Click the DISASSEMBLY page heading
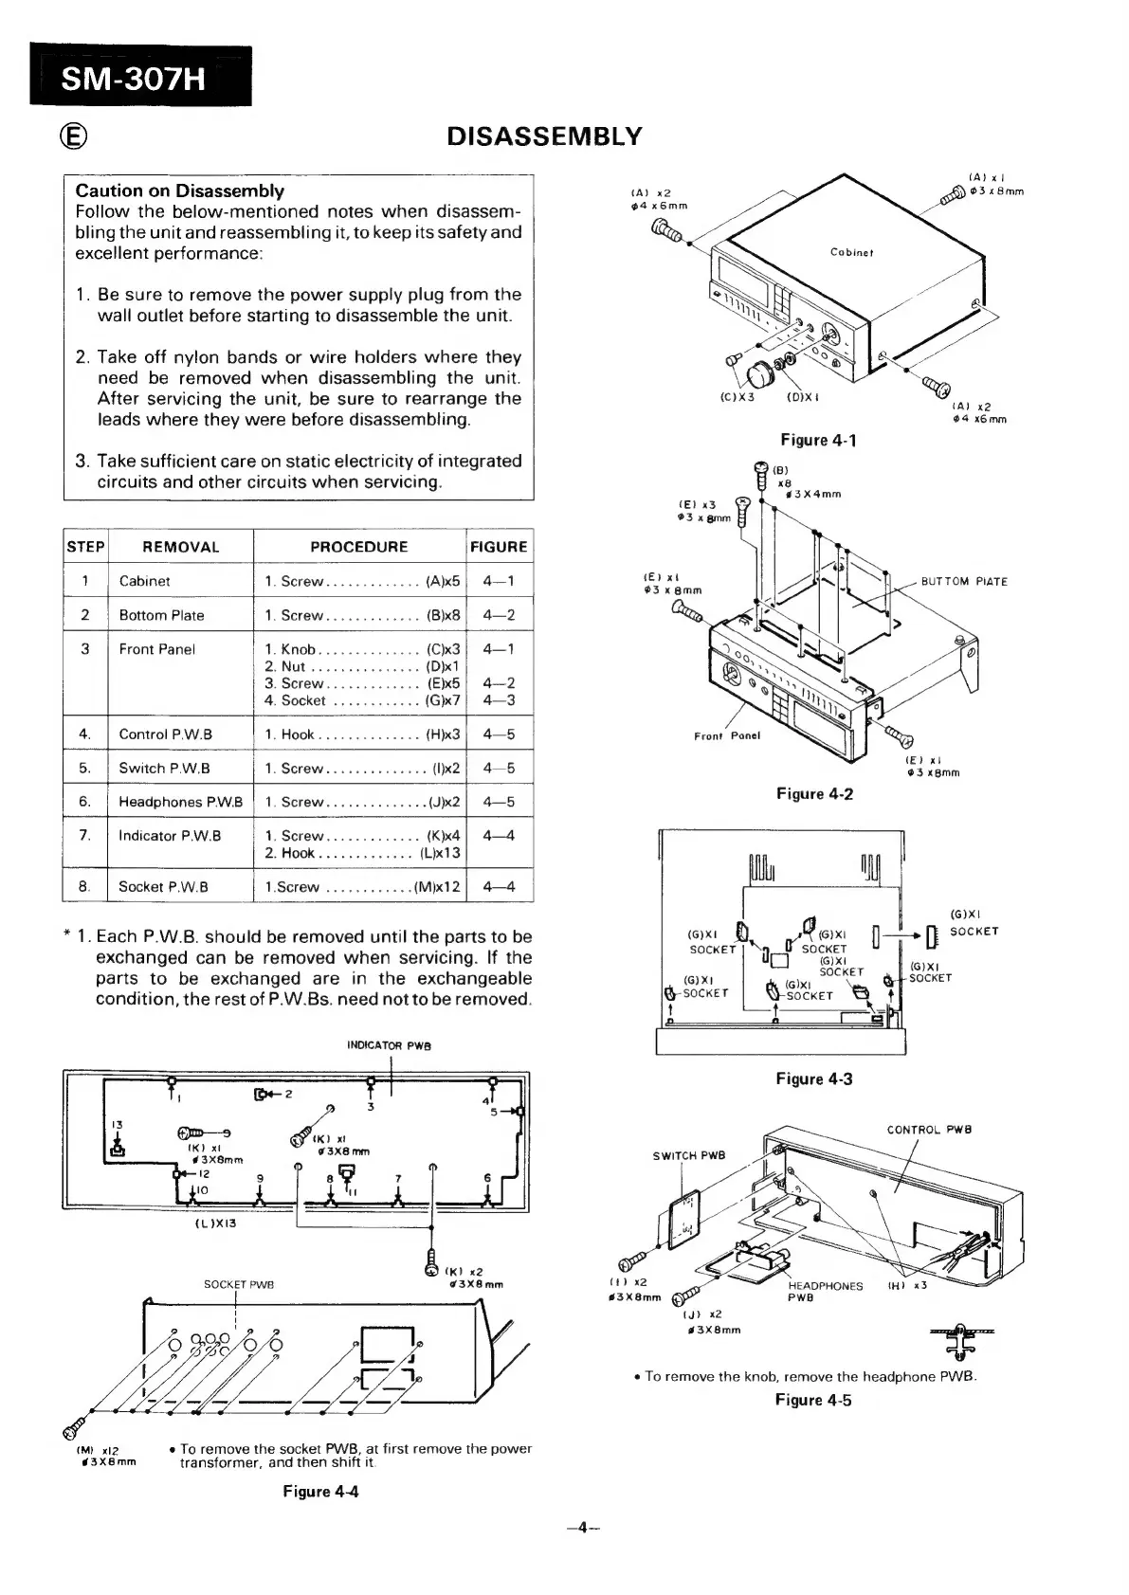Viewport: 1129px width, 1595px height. [544, 137]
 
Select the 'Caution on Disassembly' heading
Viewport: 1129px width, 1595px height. [179, 190]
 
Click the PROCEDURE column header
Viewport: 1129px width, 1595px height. [358, 547]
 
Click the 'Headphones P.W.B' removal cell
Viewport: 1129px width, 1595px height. [180, 802]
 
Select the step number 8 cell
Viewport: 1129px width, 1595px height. [84, 887]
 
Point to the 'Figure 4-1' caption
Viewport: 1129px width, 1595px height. [817, 440]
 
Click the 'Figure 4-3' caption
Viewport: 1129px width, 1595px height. [813, 1078]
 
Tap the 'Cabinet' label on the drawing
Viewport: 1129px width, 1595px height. [851, 252]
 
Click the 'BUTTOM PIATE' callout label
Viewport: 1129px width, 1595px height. [964, 581]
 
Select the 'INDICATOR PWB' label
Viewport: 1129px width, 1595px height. [390, 1046]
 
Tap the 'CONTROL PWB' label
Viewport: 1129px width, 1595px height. [929, 1130]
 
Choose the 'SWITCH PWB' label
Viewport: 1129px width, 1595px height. [688, 1156]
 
